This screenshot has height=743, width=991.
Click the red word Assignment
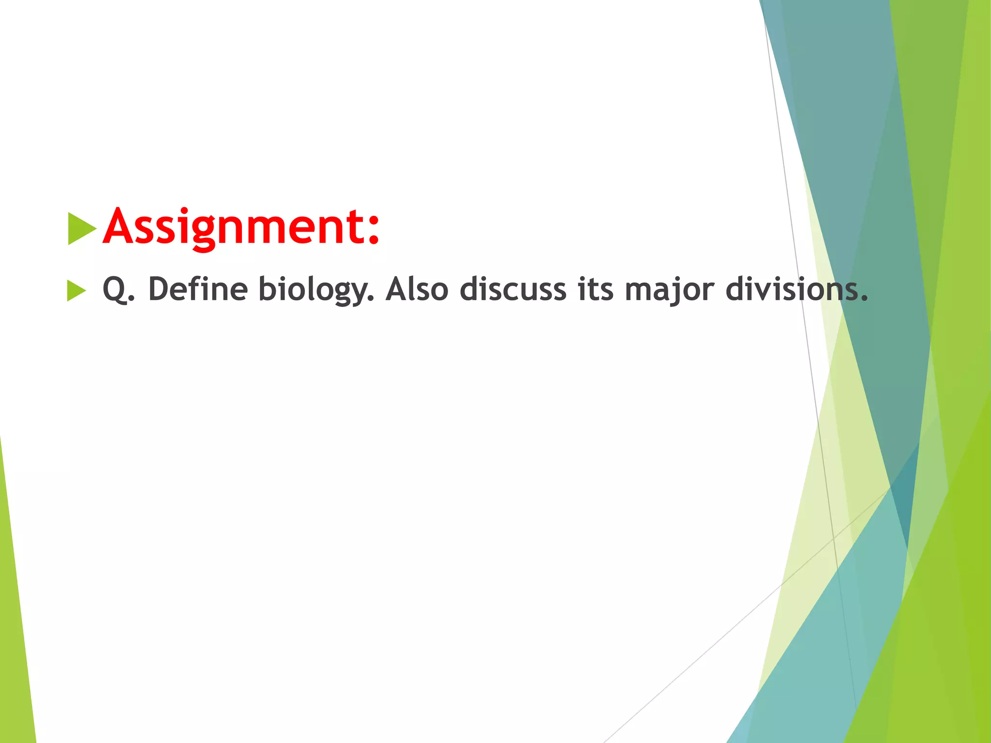click(241, 226)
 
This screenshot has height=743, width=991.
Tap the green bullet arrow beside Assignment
click(82, 228)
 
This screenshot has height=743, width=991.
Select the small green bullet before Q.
click(76, 290)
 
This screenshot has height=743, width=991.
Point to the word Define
click(198, 289)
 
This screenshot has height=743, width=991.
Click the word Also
click(417, 289)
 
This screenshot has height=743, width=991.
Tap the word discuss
click(512, 289)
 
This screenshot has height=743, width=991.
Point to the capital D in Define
click(159, 289)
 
